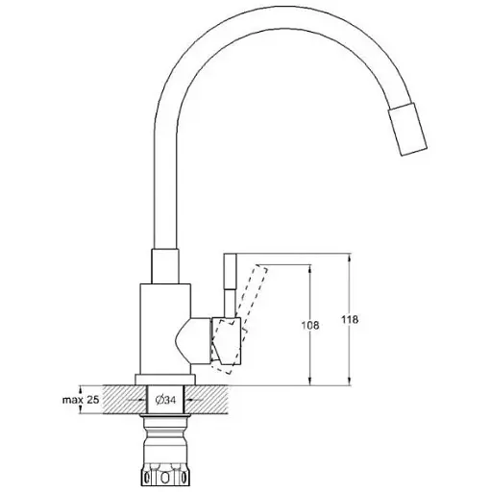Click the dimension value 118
coord(360,321)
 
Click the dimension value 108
coord(321,326)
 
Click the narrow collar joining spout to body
coord(164,266)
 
